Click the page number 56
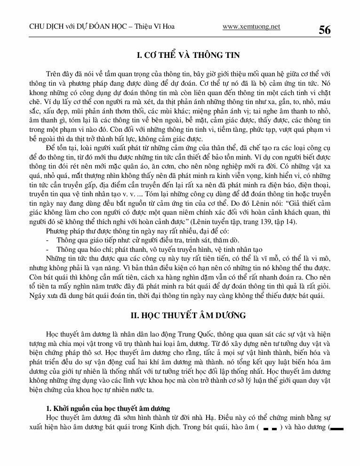point(325,30)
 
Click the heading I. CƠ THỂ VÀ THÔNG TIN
point(188,56)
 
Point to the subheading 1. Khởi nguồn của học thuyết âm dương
point(108,408)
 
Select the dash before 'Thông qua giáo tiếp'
point(48,240)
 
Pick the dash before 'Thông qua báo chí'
point(48,249)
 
